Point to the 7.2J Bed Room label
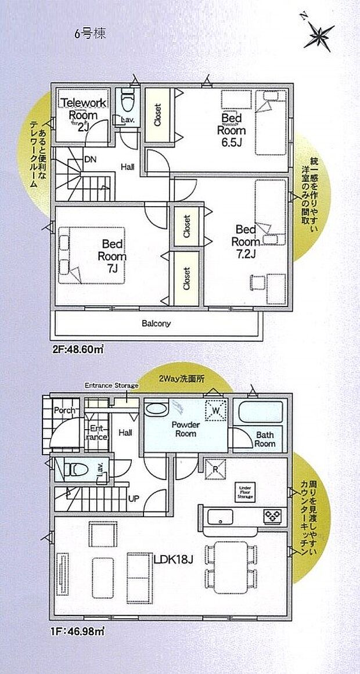click(x=245, y=240)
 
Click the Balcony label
click(x=156, y=324)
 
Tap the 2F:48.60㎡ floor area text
click(x=78, y=350)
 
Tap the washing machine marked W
click(x=215, y=410)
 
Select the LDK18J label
click(x=173, y=559)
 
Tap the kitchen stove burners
click(x=272, y=514)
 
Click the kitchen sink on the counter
click(x=221, y=516)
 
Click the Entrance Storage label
click(x=111, y=385)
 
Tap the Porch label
click(x=63, y=411)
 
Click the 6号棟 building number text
click(x=89, y=33)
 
